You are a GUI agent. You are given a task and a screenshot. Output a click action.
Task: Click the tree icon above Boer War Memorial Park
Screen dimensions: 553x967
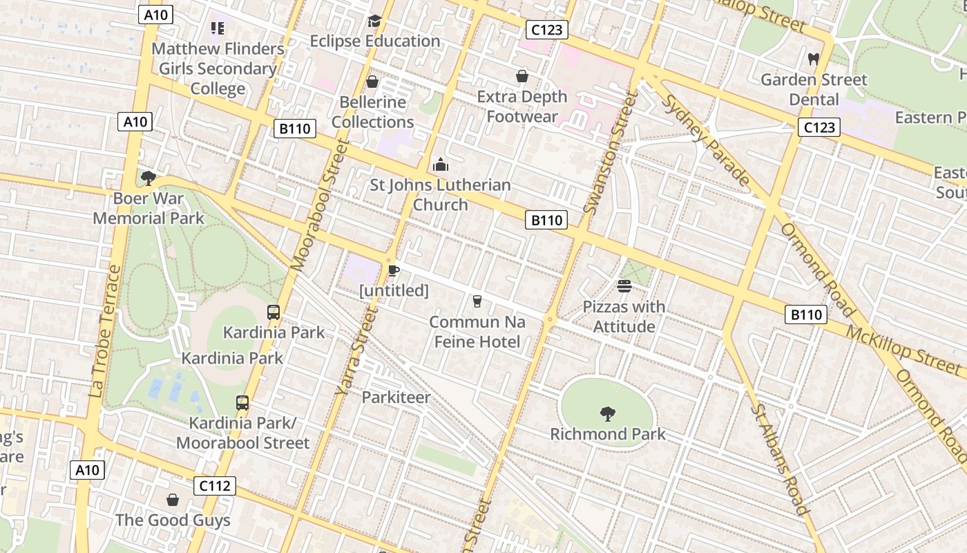point(148,178)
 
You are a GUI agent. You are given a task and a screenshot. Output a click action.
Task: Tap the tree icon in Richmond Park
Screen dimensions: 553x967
point(608,414)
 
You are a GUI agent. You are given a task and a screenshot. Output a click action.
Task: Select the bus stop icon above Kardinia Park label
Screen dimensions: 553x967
point(274,312)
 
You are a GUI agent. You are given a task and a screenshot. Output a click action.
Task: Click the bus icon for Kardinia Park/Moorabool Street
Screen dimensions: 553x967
point(242,402)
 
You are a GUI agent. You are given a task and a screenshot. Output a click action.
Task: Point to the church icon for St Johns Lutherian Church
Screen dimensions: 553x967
point(440,165)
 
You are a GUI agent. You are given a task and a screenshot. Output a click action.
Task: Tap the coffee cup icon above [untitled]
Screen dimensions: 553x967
point(393,270)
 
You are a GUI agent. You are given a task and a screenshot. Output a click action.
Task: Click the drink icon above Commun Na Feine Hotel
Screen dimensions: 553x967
point(477,301)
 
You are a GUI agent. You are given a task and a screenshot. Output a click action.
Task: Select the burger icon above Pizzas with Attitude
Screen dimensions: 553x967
point(624,286)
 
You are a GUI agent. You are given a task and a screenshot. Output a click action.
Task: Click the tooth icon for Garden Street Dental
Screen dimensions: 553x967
point(813,59)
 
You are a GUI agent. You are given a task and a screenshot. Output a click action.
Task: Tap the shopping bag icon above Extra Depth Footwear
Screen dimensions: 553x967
point(522,76)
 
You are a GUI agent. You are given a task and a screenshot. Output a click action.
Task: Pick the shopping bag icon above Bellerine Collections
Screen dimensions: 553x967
point(372,82)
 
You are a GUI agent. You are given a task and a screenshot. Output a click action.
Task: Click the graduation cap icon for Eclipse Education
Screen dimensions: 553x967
point(374,21)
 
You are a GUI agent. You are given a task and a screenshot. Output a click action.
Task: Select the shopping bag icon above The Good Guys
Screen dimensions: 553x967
point(173,499)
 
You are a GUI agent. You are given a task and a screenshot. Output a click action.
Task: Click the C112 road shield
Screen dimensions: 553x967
point(214,486)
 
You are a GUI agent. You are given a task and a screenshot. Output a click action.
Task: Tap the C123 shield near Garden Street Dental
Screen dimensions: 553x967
point(819,127)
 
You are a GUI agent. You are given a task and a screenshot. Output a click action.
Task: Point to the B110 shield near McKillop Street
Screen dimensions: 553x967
point(806,315)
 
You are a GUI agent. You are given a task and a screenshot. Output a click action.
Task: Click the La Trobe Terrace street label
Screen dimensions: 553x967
point(105,331)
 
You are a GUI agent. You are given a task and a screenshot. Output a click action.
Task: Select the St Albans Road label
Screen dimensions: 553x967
point(779,459)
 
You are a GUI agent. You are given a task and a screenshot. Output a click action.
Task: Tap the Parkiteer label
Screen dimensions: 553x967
point(396,397)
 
